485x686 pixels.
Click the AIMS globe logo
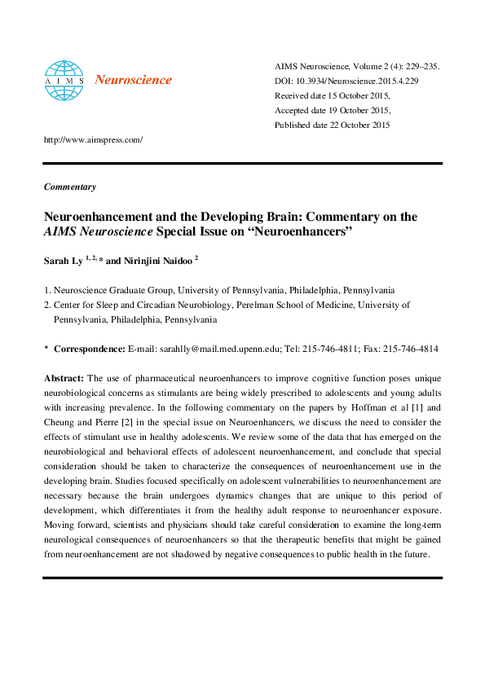[64, 78]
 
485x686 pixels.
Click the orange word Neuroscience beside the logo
[134, 80]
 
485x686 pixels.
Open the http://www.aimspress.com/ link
[93, 139]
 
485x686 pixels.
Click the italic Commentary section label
[69, 187]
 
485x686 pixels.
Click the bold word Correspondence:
[90, 349]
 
